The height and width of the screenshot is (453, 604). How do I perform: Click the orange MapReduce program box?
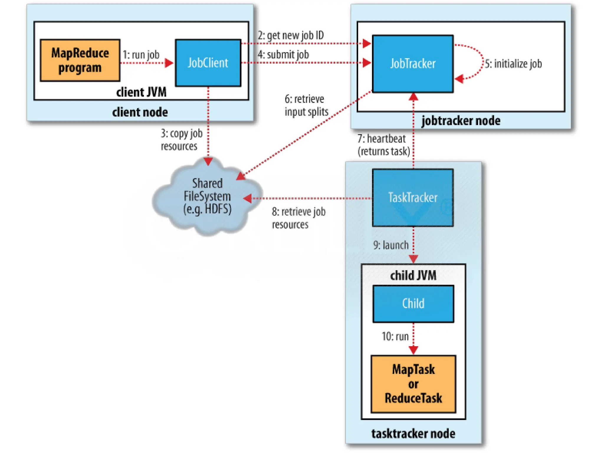[80, 60]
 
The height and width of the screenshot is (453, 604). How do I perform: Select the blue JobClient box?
[208, 63]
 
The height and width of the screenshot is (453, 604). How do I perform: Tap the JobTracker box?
[413, 64]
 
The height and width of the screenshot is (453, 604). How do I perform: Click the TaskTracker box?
[413, 198]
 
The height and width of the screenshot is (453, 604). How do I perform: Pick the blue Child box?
[413, 303]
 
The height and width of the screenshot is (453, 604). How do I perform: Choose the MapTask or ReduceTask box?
[413, 384]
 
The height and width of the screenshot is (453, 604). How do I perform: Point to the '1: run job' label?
[141, 55]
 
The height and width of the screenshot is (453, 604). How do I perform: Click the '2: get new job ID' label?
[291, 35]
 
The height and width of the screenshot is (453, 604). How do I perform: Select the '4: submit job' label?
[283, 55]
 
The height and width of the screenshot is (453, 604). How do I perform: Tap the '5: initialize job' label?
[513, 64]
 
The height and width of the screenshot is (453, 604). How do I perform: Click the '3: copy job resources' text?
[181, 140]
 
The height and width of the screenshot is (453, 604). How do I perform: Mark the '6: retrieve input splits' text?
[306, 105]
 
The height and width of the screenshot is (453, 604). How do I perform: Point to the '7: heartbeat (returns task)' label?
[383, 145]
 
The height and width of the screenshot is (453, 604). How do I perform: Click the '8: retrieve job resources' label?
[298, 218]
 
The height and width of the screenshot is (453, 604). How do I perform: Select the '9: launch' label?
[391, 245]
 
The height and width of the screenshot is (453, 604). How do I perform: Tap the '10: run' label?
[395, 336]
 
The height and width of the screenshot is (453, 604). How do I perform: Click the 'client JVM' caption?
[141, 92]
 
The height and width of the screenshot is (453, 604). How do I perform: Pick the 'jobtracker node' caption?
[461, 121]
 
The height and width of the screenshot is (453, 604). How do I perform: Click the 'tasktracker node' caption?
[413, 434]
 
